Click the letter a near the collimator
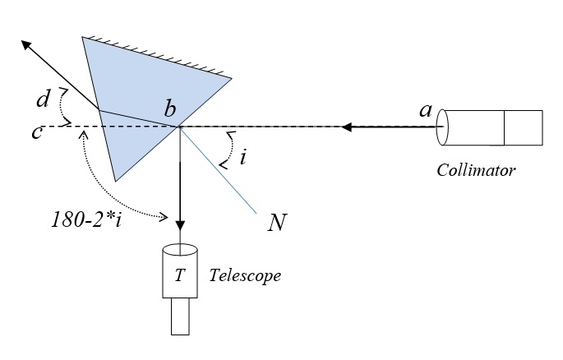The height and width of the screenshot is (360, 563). tap(426, 110)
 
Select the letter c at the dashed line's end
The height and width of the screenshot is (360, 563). tap(37, 132)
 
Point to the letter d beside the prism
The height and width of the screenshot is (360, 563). tap(43, 100)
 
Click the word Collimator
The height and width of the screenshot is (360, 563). tap(476, 171)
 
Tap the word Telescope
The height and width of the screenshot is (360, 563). tap(246, 275)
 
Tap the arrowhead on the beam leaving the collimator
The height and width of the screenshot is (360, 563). tap(349, 127)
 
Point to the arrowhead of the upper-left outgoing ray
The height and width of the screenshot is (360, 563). tap(28, 44)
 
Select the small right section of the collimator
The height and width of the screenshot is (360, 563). tap(523, 127)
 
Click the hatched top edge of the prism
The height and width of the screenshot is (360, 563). tap(156, 56)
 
